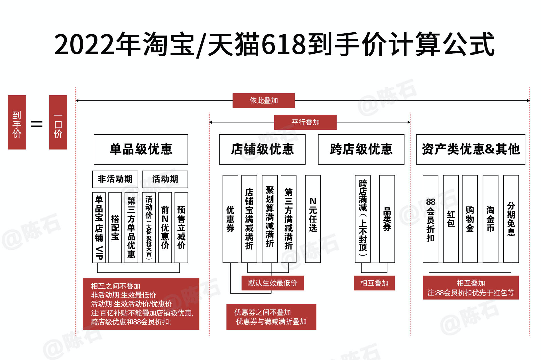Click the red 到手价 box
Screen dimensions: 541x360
(17, 122)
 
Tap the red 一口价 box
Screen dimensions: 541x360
(58, 122)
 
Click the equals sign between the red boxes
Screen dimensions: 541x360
(36, 124)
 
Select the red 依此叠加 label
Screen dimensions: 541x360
(263, 100)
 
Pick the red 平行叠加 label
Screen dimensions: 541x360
(305, 122)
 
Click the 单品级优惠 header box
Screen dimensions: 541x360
(141, 149)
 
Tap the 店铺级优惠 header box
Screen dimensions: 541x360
(262, 149)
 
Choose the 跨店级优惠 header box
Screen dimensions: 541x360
(361, 149)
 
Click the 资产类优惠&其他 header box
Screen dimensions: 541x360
(471, 149)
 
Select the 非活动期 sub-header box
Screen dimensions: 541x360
(115, 179)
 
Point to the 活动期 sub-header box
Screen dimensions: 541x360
(165, 179)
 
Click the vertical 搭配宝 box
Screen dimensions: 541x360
(115, 227)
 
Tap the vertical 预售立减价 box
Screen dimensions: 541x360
(181, 227)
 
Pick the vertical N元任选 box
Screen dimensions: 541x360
(313, 219)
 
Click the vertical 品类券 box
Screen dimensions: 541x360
(387, 219)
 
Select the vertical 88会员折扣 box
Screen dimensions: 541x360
(430, 219)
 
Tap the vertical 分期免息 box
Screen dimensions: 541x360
(511, 219)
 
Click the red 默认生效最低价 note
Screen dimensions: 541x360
(272, 283)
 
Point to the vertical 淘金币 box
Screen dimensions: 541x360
(490, 219)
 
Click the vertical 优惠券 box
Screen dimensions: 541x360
(230, 219)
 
